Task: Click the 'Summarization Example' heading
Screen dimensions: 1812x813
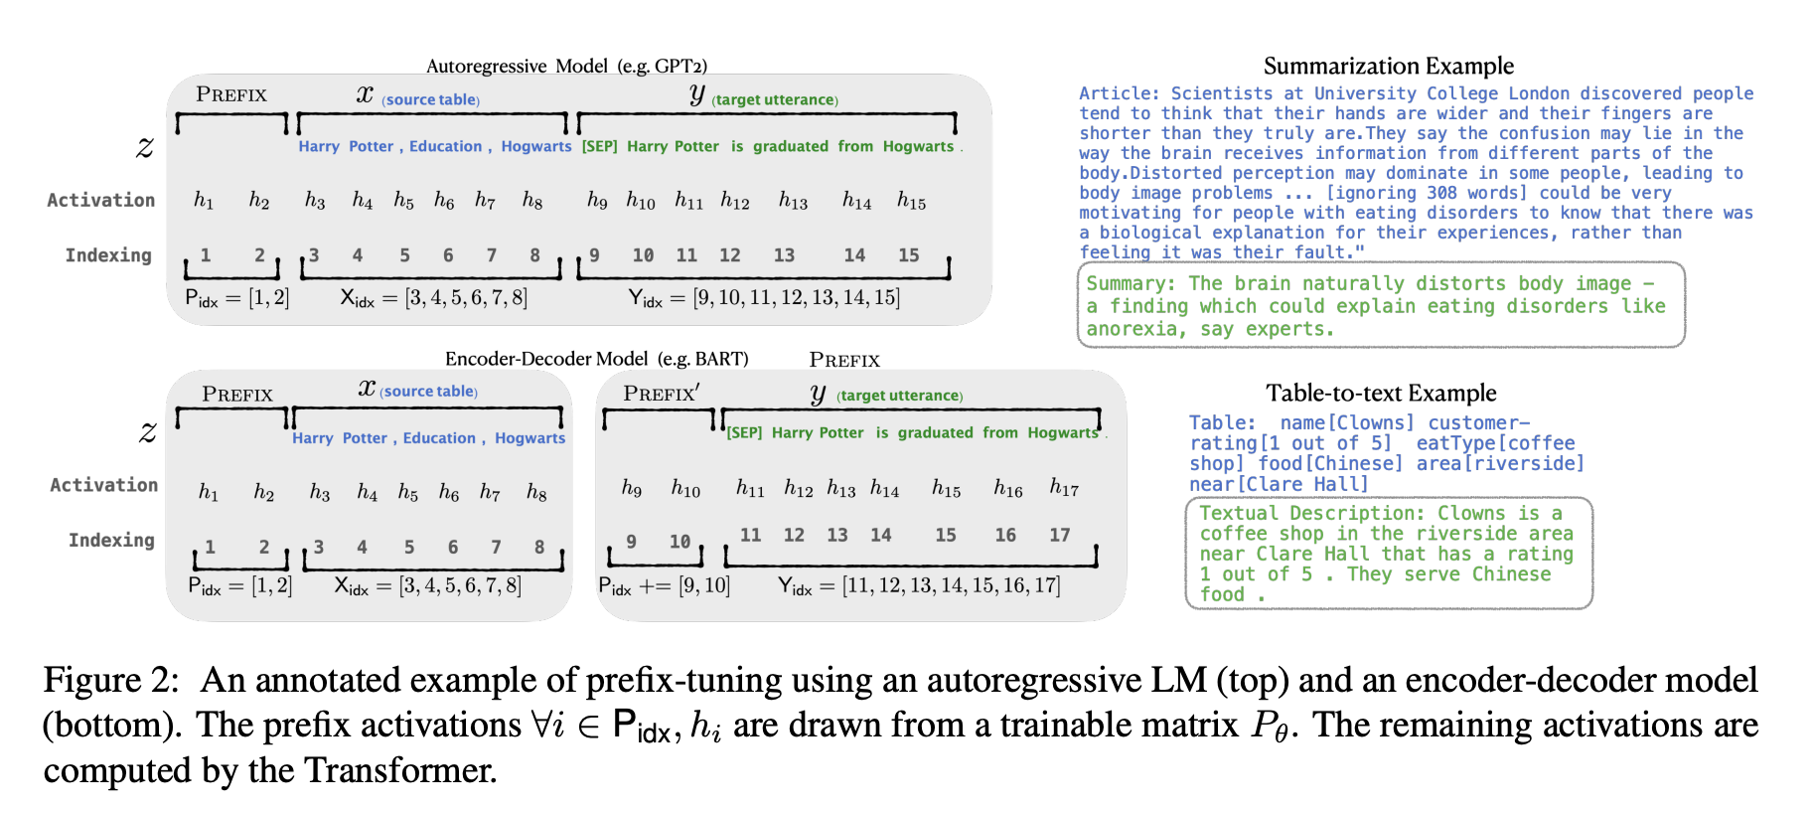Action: (x=1389, y=67)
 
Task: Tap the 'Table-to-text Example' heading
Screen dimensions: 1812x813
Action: (x=1381, y=394)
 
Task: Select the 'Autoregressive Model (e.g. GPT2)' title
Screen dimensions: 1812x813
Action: (x=566, y=67)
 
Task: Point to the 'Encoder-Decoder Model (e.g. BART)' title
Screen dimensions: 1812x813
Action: (x=596, y=359)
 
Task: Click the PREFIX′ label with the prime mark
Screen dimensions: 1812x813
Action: (x=662, y=394)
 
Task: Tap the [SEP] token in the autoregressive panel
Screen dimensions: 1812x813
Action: (x=600, y=146)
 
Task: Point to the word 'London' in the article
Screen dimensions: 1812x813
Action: (x=1540, y=93)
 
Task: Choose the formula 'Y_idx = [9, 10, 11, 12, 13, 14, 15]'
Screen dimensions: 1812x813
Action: (x=764, y=298)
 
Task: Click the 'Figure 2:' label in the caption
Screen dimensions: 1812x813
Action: (x=111, y=681)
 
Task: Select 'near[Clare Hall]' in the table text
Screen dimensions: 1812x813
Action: (x=1279, y=484)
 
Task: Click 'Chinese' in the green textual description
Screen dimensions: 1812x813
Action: (x=1511, y=574)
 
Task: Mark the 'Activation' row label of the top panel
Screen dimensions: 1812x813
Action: (x=101, y=200)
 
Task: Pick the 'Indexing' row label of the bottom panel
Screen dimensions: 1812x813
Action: (x=111, y=541)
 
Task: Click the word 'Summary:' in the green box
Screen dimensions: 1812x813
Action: (x=1131, y=284)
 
